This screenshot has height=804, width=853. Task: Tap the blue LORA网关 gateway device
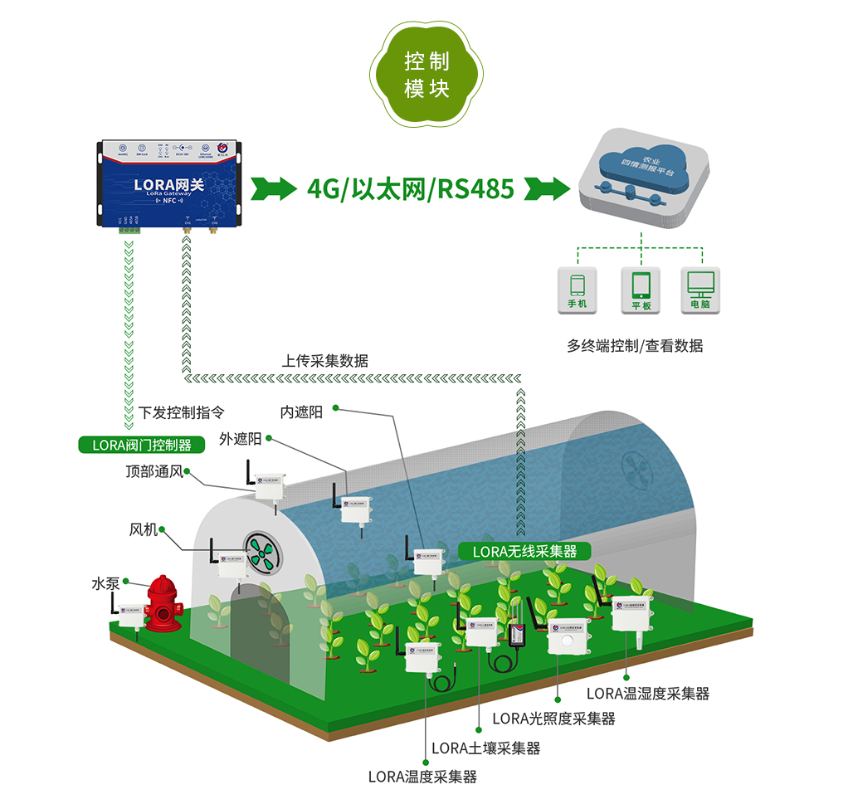[x=169, y=183]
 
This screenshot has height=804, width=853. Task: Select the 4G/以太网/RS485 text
[x=411, y=189]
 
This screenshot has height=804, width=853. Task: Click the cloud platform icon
[x=642, y=178]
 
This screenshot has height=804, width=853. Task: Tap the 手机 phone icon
[x=577, y=290]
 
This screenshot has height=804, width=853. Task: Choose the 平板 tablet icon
[x=641, y=290]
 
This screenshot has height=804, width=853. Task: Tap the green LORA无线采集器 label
[x=524, y=551]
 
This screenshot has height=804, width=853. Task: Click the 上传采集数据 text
[x=324, y=361]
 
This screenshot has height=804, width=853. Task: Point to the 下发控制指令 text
[x=181, y=412]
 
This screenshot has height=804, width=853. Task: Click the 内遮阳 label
[x=301, y=412]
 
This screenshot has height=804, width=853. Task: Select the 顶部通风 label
[x=154, y=472]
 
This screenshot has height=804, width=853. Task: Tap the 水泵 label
[x=105, y=583]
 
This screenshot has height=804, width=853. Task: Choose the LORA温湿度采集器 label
[x=648, y=694]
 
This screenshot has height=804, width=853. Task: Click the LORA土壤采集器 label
[x=486, y=748]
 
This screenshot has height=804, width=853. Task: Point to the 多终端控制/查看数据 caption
[x=635, y=346]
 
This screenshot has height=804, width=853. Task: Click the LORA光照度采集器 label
[x=553, y=719]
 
